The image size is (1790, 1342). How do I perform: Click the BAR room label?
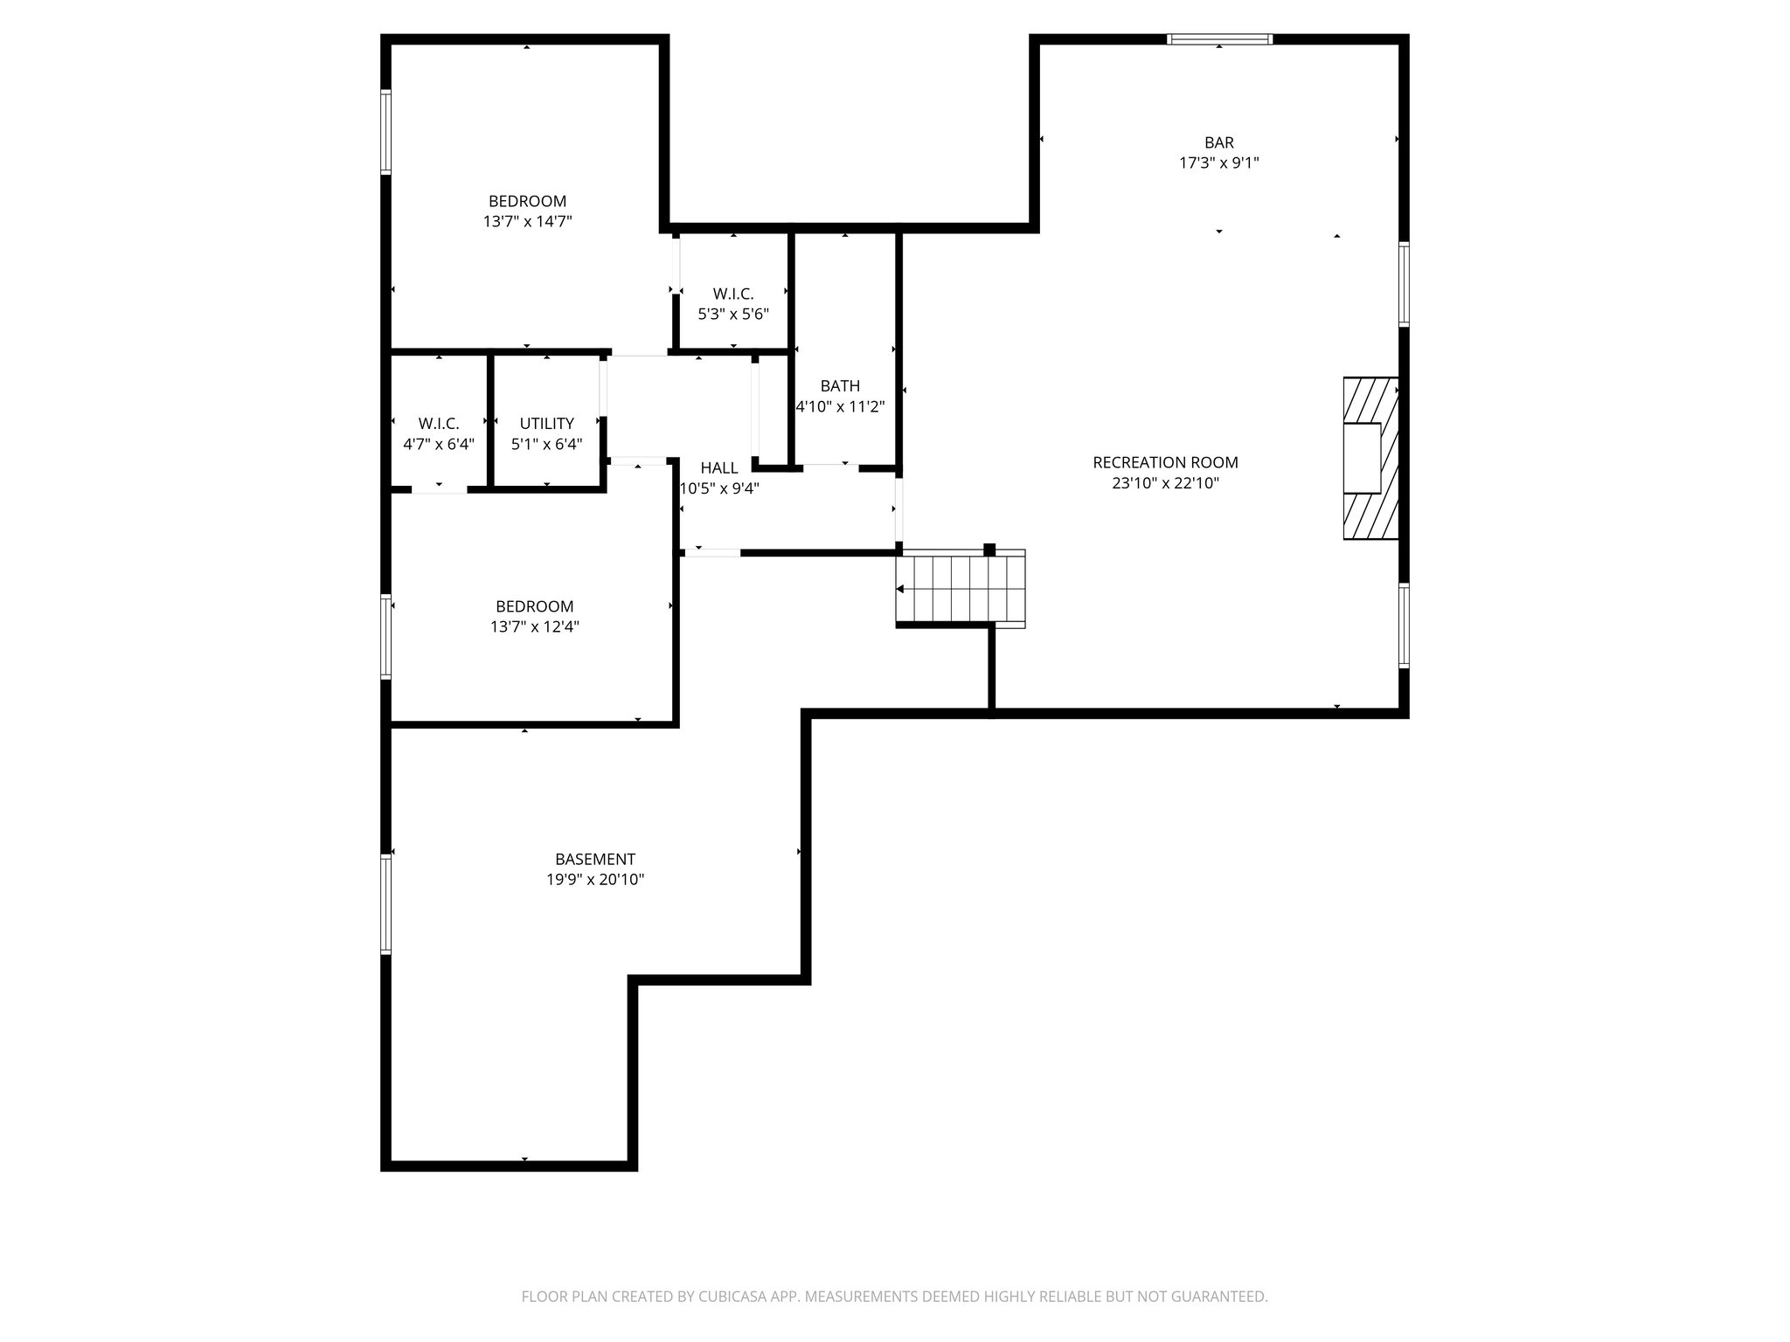click(x=1218, y=142)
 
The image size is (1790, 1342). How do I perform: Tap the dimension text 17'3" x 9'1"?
click(x=1218, y=163)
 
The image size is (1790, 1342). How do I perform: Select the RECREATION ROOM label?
click(x=1165, y=462)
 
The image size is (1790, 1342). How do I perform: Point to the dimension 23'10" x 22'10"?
click(x=1165, y=483)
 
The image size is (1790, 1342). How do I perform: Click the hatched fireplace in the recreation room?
click(x=1370, y=458)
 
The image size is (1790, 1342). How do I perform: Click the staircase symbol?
click(x=960, y=590)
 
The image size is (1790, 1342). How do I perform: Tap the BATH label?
click(x=840, y=385)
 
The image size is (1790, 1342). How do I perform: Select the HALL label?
click(x=719, y=468)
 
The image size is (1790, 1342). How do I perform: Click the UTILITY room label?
click(x=546, y=424)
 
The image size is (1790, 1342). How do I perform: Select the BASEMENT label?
click(x=595, y=859)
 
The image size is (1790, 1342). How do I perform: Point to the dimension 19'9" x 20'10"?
click(x=595, y=880)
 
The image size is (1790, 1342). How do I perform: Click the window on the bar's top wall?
click(x=1219, y=39)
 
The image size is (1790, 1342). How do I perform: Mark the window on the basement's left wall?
click(x=385, y=903)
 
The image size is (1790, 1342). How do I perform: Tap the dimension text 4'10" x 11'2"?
click(x=840, y=406)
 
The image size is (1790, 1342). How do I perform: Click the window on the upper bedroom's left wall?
click(x=385, y=131)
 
